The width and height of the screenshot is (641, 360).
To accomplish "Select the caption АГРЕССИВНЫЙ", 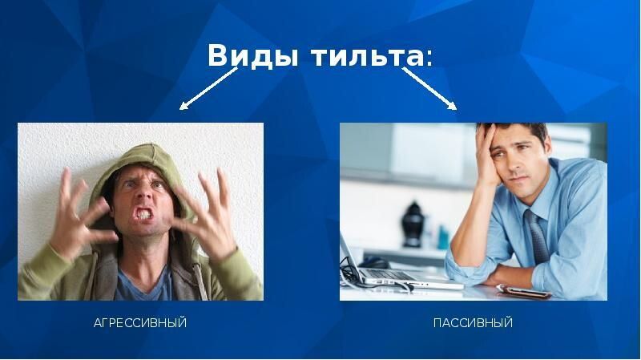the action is [140, 323].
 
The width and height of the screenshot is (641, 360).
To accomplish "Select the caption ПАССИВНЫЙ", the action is [473, 323].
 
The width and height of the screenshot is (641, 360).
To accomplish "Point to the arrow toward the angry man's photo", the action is [208, 88].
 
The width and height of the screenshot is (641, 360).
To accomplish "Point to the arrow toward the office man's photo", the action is [429, 88].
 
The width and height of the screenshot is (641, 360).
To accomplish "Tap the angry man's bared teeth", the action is [144, 214].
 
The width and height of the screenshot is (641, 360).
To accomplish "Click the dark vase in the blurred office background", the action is [413, 224].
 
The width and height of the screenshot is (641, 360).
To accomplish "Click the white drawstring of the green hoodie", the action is [200, 281].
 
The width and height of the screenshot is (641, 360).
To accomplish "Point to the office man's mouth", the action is [520, 178].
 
